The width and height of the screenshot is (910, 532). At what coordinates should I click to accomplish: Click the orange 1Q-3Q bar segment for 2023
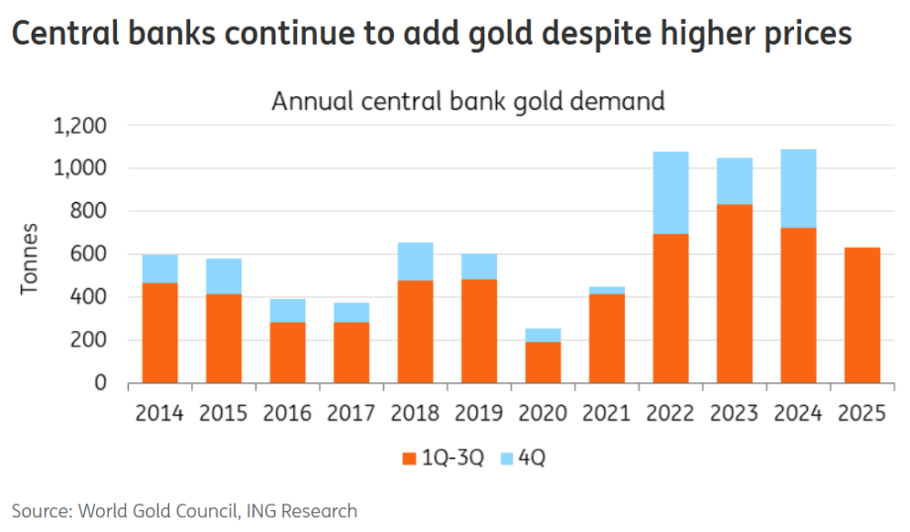coord(735,293)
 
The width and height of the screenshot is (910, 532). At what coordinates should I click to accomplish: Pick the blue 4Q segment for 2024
coord(798,188)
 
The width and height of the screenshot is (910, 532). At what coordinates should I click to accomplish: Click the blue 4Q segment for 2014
coord(159,268)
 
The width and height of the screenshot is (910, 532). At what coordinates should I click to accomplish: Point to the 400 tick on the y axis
coord(90,297)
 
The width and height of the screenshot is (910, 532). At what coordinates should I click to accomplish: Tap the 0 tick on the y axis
coord(101,382)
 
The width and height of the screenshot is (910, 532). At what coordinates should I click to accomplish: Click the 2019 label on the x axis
coord(479,413)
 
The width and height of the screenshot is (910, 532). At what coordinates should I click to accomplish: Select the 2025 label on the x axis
coord(861,413)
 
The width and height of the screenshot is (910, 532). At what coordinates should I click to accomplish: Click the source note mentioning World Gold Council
coord(184,511)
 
